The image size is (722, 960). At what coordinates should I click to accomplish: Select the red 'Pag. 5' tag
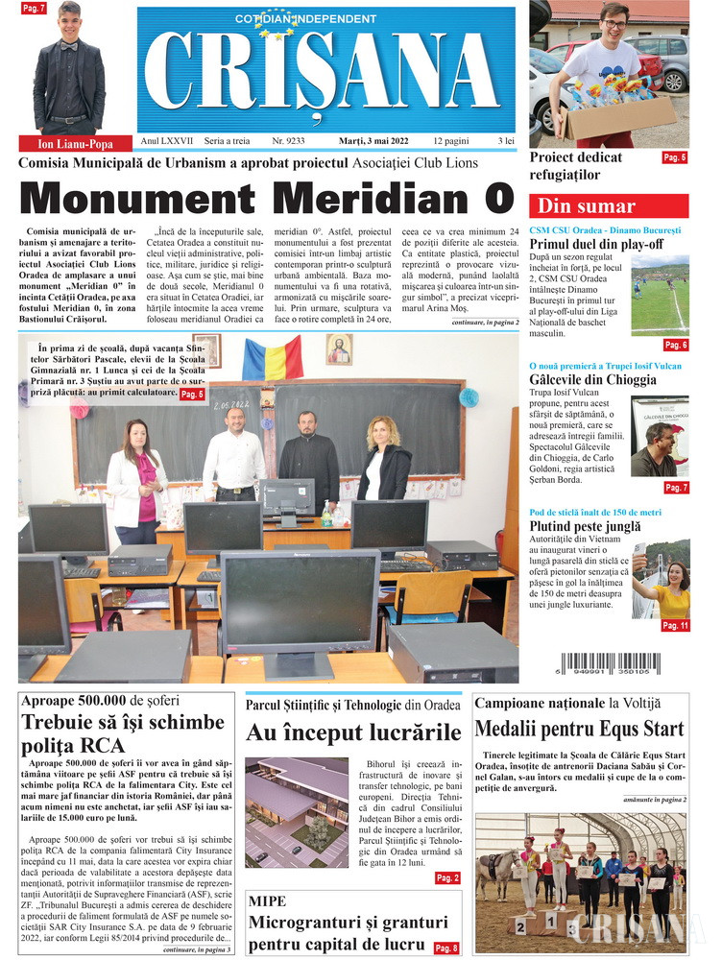(x=675, y=157)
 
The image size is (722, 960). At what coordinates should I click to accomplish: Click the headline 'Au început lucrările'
(x=353, y=733)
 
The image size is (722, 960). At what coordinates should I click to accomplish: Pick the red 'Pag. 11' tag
(x=675, y=625)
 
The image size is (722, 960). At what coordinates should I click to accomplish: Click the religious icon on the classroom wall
(x=339, y=349)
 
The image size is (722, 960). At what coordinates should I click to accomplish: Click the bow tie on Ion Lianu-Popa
(x=68, y=45)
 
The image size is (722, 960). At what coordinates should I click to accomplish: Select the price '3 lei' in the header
(x=505, y=141)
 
